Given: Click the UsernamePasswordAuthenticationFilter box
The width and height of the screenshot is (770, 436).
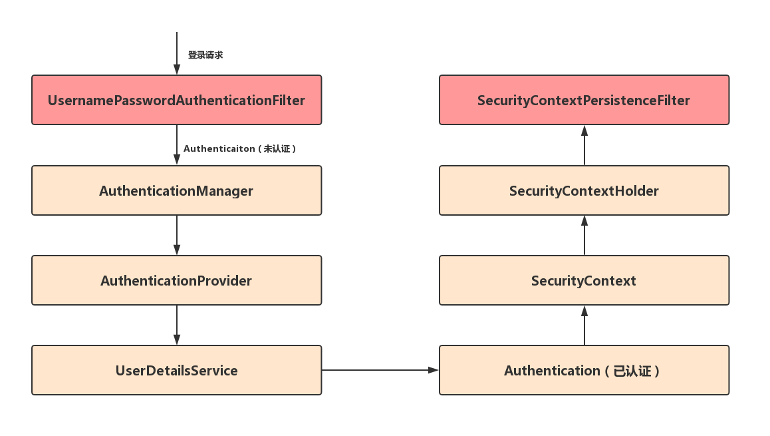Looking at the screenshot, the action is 177,100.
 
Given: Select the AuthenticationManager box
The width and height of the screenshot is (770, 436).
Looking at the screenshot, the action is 177,190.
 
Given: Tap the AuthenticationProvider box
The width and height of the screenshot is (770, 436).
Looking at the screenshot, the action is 177,280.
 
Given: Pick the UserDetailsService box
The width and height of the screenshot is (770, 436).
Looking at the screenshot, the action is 177,370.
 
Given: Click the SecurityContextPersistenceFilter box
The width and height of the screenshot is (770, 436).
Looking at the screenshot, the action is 584,100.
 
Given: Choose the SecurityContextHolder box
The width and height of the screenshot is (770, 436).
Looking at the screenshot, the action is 584,190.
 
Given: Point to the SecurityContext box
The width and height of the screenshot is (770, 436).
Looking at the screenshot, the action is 584,280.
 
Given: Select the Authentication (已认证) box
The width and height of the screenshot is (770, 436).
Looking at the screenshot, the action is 584,370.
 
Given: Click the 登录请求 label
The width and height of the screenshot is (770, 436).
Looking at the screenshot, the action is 205,55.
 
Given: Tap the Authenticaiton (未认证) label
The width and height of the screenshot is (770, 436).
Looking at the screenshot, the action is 239,148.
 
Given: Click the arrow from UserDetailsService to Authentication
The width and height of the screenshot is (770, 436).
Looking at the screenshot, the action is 380,370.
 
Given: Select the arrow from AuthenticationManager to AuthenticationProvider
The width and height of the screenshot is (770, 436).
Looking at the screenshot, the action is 177,235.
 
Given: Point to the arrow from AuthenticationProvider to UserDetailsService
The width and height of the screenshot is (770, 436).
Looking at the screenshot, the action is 177,325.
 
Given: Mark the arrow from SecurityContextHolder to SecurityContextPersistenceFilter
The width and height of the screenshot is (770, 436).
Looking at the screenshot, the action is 584,145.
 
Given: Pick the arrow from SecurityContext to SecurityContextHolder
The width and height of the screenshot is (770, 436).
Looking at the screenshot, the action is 584,235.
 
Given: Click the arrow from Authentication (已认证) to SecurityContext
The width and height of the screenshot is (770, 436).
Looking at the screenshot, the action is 584,325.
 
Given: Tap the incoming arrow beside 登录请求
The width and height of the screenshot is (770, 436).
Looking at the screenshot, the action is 177,53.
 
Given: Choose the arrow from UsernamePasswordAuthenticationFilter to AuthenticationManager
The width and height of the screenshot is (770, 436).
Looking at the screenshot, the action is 177,144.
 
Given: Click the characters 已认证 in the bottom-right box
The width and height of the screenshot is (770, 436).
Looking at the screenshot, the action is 632,371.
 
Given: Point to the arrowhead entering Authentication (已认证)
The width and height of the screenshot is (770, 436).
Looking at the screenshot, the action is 433,370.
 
